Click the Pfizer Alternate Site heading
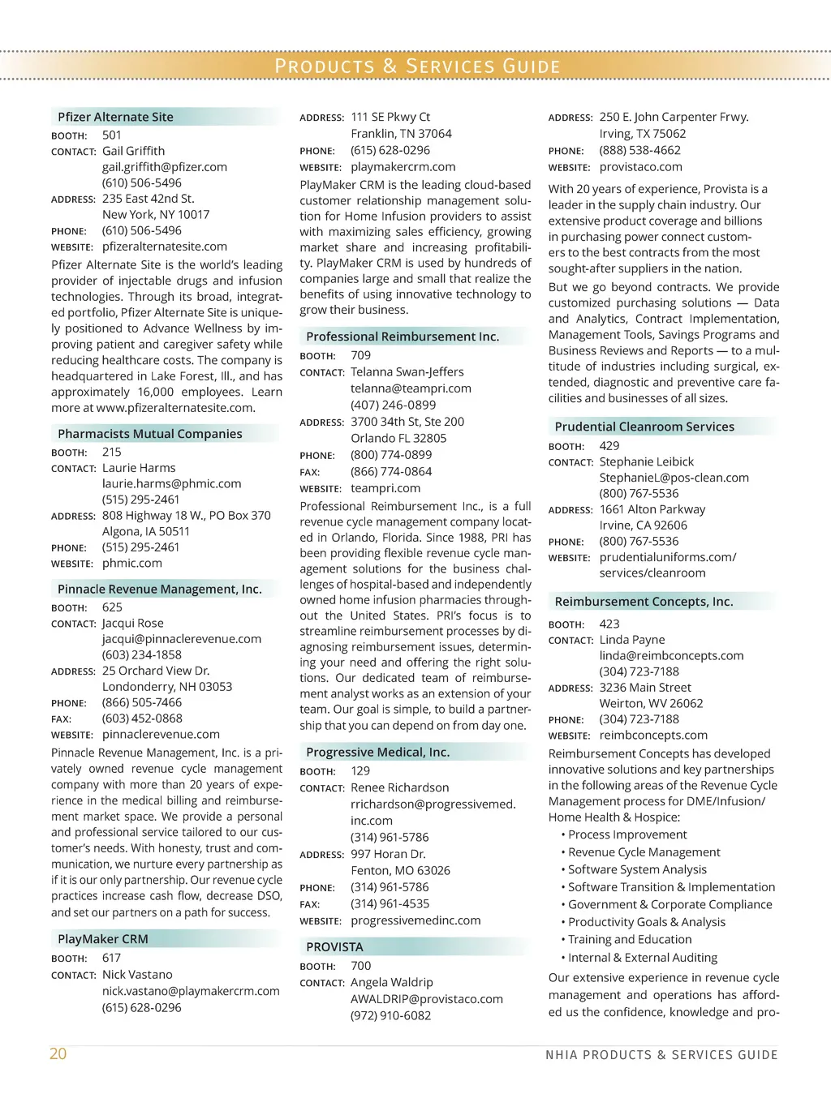point(115,117)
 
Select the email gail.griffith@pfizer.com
point(164,167)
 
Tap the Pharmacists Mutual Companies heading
point(149,434)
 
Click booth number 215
point(112,452)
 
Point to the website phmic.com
point(131,563)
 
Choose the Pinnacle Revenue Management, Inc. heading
point(159,589)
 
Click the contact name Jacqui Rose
point(132,623)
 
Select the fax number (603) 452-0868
point(142,718)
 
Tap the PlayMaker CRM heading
point(102,939)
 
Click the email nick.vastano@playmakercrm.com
point(191,991)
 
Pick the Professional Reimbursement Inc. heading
point(403,337)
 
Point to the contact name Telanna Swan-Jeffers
point(407,371)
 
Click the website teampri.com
point(385,488)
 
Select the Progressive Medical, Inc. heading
point(377,752)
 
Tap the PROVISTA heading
point(334,947)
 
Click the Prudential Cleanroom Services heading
point(644,427)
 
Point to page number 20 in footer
point(58,1053)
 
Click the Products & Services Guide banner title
point(417,66)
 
